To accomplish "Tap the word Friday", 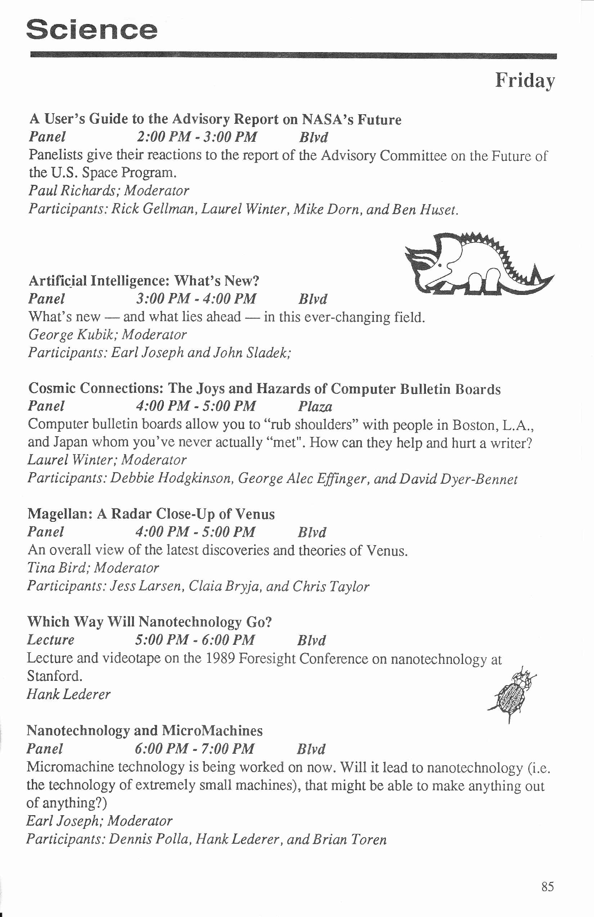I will (525, 81).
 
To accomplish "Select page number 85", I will (547, 886).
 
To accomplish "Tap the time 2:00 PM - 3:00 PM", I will (197, 137).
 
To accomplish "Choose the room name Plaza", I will (315, 406).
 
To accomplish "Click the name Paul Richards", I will (72, 190).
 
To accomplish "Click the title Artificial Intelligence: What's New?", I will (144, 280).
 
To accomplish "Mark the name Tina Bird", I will (57, 567).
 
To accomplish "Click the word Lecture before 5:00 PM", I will (50, 640).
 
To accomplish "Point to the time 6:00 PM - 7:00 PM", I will (194, 749).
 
